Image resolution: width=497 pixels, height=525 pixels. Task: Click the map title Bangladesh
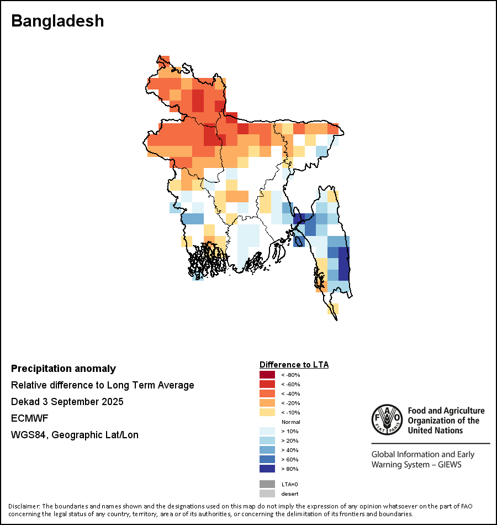click(57, 21)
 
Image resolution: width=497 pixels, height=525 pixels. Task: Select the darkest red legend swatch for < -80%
click(267, 375)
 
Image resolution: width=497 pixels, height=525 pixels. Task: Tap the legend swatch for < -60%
click(267, 385)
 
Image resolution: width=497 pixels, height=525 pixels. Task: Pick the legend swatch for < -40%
click(267, 394)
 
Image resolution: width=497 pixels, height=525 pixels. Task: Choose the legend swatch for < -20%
click(267, 403)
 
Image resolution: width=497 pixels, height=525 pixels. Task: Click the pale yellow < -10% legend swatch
click(267, 413)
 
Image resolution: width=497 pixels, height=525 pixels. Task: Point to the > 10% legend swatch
click(267, 432)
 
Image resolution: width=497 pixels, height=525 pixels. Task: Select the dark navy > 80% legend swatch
click(267, 469)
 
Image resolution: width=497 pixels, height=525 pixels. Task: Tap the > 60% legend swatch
click(267, 460)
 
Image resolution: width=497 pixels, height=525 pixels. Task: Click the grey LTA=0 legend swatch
click(267, 484)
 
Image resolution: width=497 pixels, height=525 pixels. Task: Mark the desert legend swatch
click(267, 494)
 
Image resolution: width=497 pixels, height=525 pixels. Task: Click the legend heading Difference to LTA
click(294, 365)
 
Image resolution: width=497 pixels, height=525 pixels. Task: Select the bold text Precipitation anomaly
click(64, 369)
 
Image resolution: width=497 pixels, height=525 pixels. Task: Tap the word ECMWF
click(29, 418)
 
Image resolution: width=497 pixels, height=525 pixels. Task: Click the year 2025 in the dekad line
click(112, 402)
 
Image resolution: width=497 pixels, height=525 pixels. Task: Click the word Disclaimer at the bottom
click(24, 506)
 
